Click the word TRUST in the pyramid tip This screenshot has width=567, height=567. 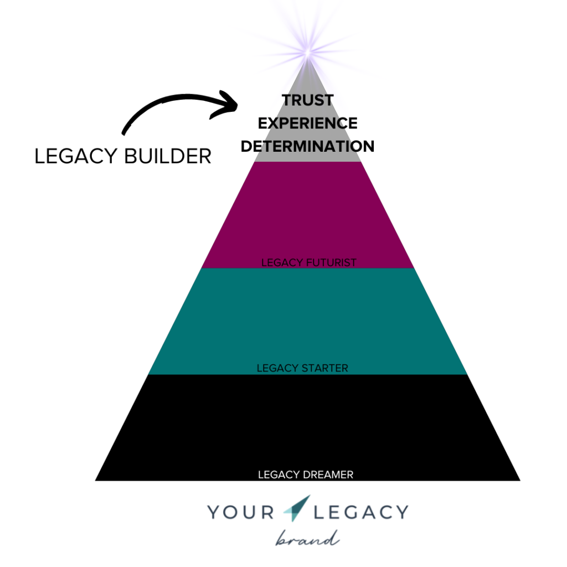pyautogui.click(x=307, y=100)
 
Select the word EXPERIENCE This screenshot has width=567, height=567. pyautogui.click(x=307, y=123)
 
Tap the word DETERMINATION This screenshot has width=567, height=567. pyautogui.click(x=307, y=146)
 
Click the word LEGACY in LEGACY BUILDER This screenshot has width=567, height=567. pyautogui.click(x=75, y=156)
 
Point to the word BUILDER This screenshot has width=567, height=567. pyautogui.click(x=168, y=156)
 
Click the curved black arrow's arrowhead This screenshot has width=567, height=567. pyautogui.click(x=225, y=104)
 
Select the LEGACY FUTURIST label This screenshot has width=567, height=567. pyautogui.click(x=309, y=262)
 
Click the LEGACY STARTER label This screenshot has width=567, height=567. pyautogui.click(x=302, y=368)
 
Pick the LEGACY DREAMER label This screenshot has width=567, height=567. pyautogui.click(x=306, y=475)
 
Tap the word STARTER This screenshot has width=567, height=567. pyautogui.click(x=324, y=368)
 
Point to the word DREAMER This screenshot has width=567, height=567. pyautogui.click(x=329, y=475)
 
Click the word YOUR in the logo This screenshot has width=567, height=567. pyautogui.click(x=240, y=512)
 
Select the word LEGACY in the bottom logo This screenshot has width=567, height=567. pyautogui.click(x=361, y=512)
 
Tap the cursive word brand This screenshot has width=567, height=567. pyautogui.click(x=308, y=538)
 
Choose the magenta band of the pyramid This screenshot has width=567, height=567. pyautogui.click(x=307, y=215)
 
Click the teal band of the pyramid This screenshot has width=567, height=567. pyautogui.click(x=307, y=321)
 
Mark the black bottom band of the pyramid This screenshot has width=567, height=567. pyautogui.click(x=307, y=427)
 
